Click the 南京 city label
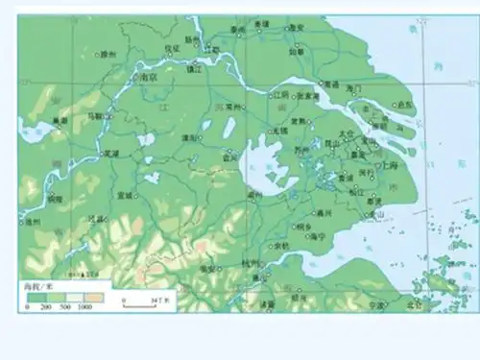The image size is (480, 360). pos(148,77)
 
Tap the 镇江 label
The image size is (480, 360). pos(195,69)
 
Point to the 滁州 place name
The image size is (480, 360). pos(107,55)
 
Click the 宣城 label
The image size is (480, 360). pos(125,195)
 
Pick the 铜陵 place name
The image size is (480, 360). pos(54,199)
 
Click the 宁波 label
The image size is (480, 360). pos(375,305)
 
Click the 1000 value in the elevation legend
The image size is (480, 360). pos(84,307)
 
